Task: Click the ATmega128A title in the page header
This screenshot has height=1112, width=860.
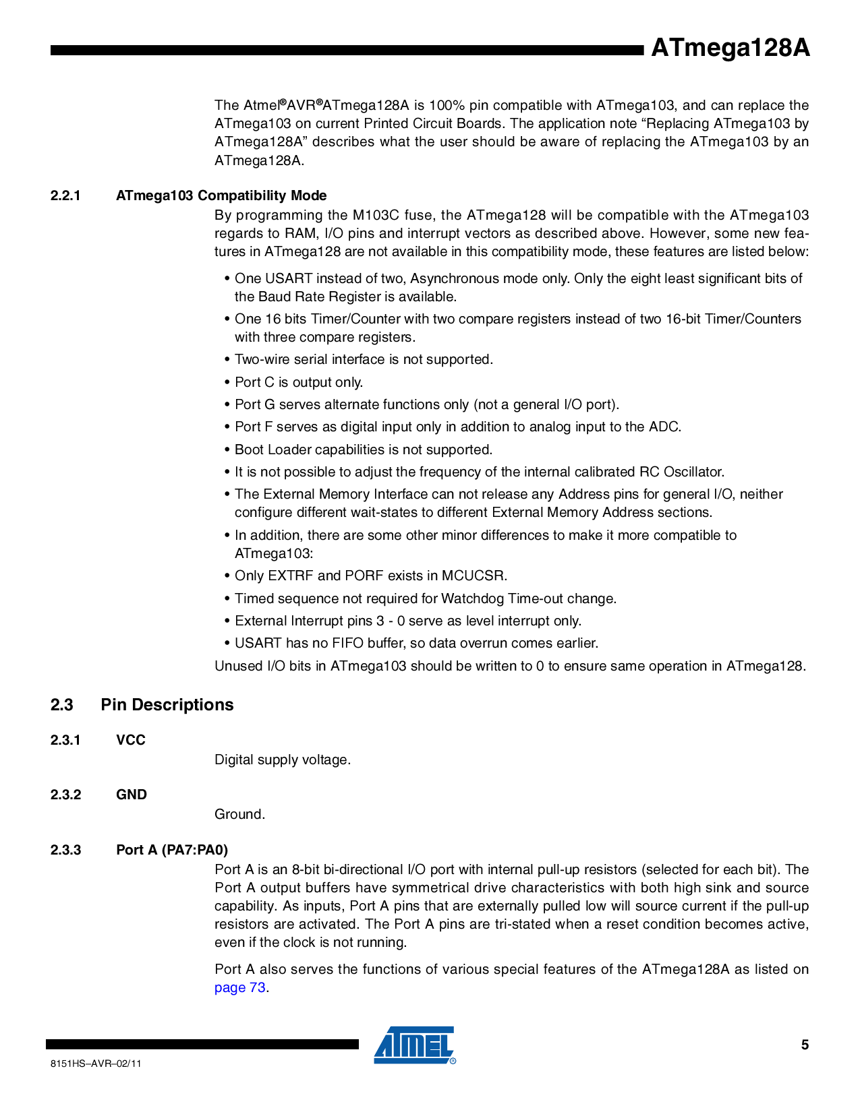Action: pos(730,49)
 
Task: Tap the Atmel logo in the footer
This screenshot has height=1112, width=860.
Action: pos(414,1045)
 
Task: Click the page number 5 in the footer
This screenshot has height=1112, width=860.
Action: pos(805,1045)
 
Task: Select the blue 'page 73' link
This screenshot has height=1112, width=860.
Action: pos(239,987)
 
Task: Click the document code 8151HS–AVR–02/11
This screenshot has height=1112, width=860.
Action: pos(96,1063)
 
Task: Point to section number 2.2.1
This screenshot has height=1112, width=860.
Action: pos(65,195)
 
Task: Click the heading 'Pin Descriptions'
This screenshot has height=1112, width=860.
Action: pos(167,704)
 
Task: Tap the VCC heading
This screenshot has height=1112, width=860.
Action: pos(131,740)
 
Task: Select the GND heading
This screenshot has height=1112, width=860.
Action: pos(132,795)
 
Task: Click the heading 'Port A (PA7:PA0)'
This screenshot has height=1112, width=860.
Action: pos(172,849)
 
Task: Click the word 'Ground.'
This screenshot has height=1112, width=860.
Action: pos(239,814)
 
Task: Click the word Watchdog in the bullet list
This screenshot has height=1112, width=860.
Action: pos(471,598)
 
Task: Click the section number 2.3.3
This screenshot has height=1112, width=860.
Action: pos(65,849)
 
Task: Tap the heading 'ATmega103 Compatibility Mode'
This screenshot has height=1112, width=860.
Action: pos(221,195)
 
